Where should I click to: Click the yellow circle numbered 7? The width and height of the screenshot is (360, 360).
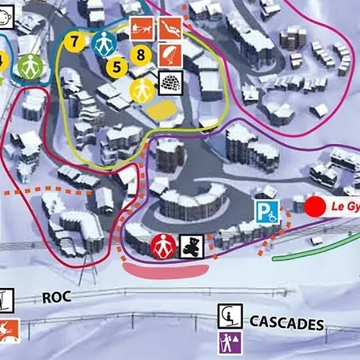pyautogui.click(x=75, y=39)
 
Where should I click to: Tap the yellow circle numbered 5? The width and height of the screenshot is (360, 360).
pyautogui.click(x=117, y=66)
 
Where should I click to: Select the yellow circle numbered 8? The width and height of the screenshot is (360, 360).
pyautogui.click(x=142, y=55)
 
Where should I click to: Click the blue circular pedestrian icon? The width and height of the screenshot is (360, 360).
pyautogui.click(x=102, y=43)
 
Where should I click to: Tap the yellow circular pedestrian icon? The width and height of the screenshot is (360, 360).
pyautogui.click(x=142, y=89)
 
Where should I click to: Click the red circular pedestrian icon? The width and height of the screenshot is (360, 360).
pyautogui.click(x=163, y=245)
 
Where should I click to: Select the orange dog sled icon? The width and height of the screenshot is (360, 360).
pyautogui.click(x=142, y=26)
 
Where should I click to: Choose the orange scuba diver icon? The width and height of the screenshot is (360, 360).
pyautogui.click(x=170, y=27)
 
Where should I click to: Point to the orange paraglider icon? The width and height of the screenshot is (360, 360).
pyautogui.click(x=170, y=54)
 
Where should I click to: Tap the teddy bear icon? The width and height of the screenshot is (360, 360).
pyautogui.click(x=190, y=245)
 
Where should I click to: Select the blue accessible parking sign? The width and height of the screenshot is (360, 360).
pyautogui.click(x=267, y=212)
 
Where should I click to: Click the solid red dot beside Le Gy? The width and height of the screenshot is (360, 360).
pyautogui.click(x=316, y=205)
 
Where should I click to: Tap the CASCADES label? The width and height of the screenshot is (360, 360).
pyautogui.click(x=286, y=323)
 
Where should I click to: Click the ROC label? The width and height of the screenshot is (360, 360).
pyautogui.click(x=55, y=297)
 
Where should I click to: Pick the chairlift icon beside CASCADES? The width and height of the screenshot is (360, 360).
pyautogui.click(x=230, y=316)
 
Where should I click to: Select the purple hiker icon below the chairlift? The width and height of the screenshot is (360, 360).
pyautogui.click(x=230, y=342)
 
